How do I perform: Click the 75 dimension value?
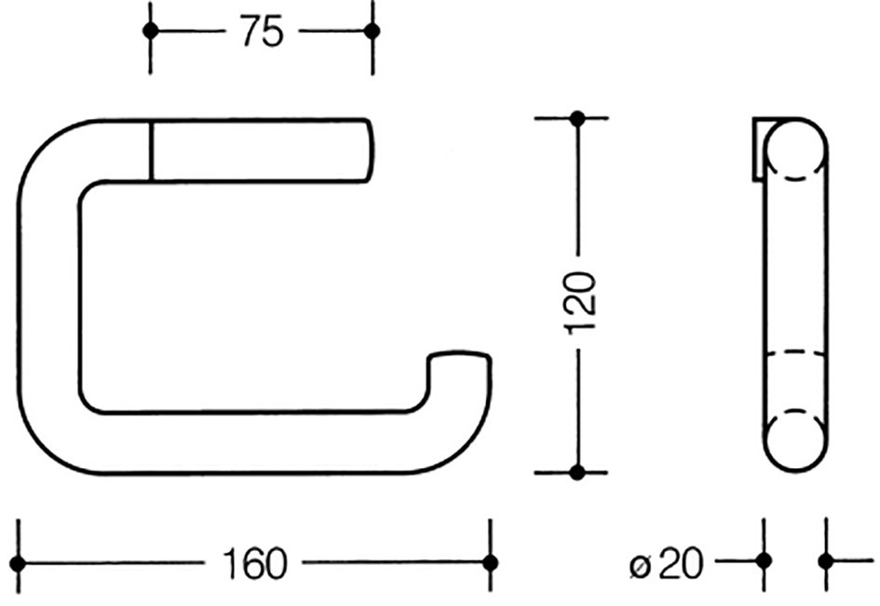(262, 32)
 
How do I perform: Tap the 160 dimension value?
(254, 563)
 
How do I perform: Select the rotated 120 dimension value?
(580, 303)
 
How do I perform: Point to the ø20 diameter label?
(667, 563)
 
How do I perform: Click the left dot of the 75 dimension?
(151, 31)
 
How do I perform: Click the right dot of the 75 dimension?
(372, 31)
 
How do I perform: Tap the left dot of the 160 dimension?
(18, 563)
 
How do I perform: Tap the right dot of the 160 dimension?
(491, 563)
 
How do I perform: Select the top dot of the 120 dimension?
(577, 118)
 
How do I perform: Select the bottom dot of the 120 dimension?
(577, 473)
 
